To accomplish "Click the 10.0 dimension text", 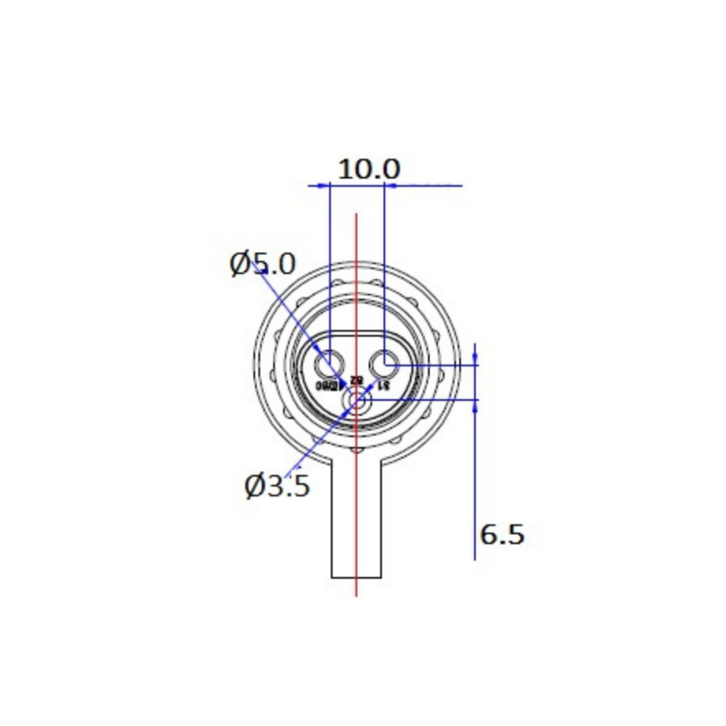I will pos(368,169).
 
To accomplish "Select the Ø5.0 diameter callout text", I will pos(262,264).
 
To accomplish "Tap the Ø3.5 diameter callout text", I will pos(278,486).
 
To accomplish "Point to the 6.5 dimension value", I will pos(502,534).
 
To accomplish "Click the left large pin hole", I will pos(329,366).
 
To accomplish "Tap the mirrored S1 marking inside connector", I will pos(383,385).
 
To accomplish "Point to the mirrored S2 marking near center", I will pos(356,380).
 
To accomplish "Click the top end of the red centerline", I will pos(357,216).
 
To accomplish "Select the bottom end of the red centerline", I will pos(357,595).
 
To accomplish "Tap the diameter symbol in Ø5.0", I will pos(241,264).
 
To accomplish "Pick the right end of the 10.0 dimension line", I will pos(462,186).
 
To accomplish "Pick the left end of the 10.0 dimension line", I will pos(309,186).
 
